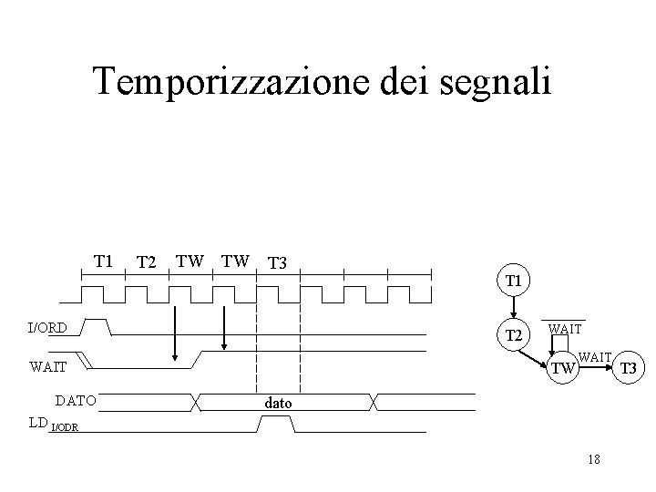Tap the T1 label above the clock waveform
point(103,261)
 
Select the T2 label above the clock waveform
point(147,263)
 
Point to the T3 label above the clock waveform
point(277,263)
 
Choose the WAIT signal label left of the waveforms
point(47,368)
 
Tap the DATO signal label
point(76,399)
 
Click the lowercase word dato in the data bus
point(278,401)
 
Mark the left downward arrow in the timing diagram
point(174,333)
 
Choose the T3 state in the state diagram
point(626,369)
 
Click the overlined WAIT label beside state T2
point(566,326)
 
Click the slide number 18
point(594,459)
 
